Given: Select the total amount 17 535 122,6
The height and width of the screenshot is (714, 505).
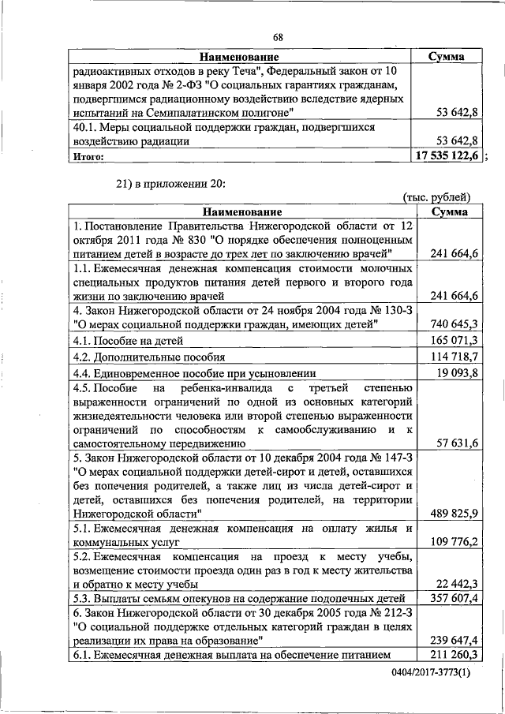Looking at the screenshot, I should pyautogui.click(x=447, y=156).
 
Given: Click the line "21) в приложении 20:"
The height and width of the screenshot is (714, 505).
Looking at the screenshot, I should pyautogui.click(x=171, y=183).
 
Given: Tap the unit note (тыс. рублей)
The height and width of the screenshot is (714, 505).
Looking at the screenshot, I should pyautogui.click(x=436, y=197).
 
